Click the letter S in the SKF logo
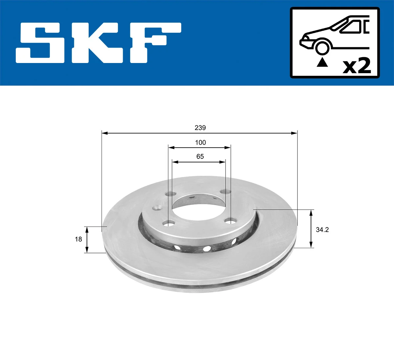[x=41, y=43]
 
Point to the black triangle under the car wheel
[x=322, y=62]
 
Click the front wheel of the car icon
[x=322, y=47]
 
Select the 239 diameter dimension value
[x=200, y=128]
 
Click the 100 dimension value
[x=200, y=142]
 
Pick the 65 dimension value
[x=200, y=157]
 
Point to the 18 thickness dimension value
[x=78, y=239]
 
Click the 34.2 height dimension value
[x=322, y=230]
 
